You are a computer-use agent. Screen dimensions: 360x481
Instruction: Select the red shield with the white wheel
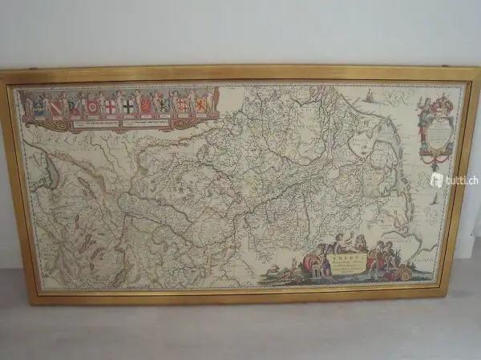92,106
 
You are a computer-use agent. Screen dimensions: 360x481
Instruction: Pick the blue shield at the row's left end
38,105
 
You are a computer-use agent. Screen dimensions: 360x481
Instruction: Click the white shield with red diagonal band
56,106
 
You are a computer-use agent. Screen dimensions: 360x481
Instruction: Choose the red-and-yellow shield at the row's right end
200,104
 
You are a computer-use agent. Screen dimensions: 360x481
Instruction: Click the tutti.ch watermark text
454,180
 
